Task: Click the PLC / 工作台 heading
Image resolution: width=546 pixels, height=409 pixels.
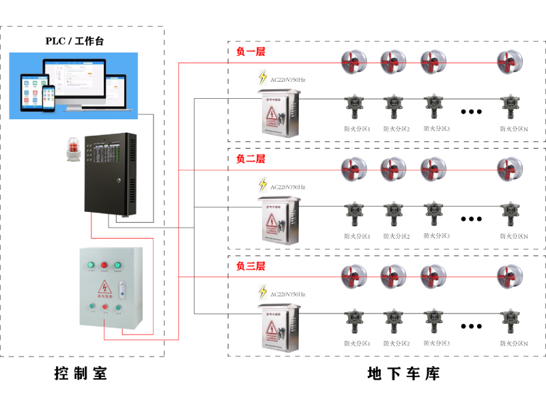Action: (x=75, y=41)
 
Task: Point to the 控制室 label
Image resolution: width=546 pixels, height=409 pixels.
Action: (x=81, y=374)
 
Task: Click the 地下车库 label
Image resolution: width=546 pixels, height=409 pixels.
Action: (x=403, y=374)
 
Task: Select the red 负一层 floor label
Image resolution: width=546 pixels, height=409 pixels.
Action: (x=250, y=52)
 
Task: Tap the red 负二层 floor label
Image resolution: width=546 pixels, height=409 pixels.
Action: (x=250, y=159)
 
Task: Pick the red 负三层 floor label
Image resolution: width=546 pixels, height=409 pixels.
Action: (x=250, y=266)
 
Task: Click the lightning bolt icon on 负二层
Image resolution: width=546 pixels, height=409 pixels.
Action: (x=263, y=185)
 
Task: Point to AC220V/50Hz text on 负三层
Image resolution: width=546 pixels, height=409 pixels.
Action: (x=288, y=294)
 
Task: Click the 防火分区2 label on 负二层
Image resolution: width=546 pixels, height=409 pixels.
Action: (x=396, y=236)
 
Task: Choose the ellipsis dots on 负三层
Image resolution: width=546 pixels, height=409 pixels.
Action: (x=471, y=326)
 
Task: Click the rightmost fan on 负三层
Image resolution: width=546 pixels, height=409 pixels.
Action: (x=509, y=276)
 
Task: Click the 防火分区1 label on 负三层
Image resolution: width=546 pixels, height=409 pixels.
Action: (x=357, y=343)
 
